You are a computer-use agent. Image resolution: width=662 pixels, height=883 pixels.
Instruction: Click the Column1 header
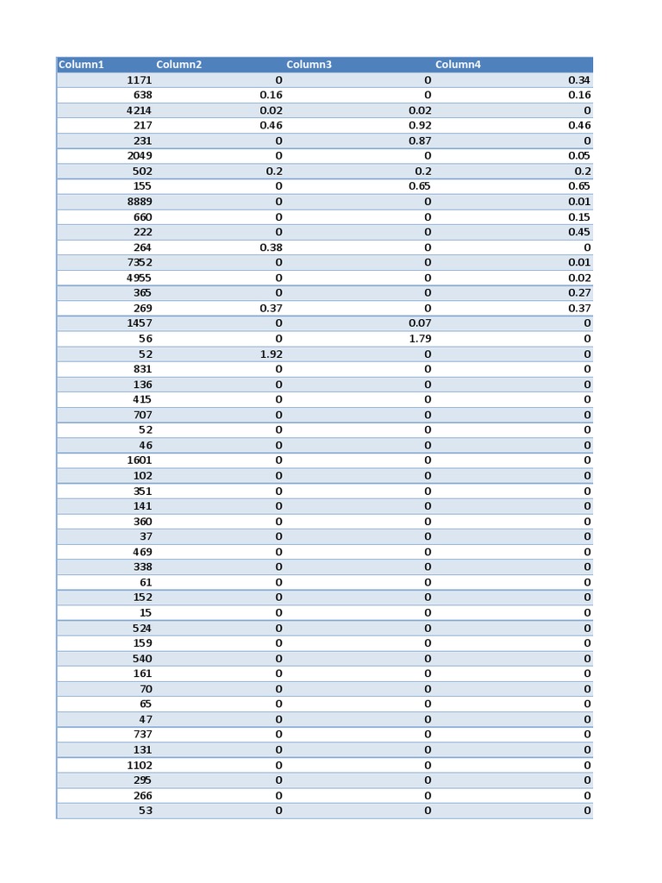(x=81, y=65)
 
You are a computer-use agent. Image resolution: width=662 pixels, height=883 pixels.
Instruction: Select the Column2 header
(x=179, y=65)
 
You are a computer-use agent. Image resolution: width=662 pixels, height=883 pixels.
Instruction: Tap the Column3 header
(x=309, y=65)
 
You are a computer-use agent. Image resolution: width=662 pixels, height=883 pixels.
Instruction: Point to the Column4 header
(x=458, y=65)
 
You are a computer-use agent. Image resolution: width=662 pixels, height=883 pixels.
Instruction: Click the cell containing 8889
(x=140, y=202)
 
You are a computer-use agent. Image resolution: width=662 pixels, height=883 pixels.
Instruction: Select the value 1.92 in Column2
(x=271, y=354)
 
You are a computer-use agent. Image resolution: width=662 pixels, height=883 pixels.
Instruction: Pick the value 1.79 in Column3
(x=420, y=339)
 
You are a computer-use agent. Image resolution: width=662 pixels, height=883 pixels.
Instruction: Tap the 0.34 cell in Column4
(x=579, y=80)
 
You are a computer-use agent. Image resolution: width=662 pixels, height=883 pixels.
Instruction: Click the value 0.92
(x=420, y=126)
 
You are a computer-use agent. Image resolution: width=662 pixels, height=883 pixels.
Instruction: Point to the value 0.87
(x=420, y=141)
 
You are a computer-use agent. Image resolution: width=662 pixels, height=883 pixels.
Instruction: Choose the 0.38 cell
(x=271, y=247)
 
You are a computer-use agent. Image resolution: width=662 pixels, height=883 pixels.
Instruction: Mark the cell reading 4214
(x=140, y=110)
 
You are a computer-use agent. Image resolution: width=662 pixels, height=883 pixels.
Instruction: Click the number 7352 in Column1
(x=140, y=263)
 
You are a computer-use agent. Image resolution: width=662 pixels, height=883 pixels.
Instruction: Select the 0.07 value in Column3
(x=420, y=323)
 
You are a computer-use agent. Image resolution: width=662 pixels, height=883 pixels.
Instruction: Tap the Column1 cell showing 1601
(x=140, y=460)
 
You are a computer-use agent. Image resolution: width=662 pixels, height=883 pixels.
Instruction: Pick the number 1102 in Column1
(x=140, y=766)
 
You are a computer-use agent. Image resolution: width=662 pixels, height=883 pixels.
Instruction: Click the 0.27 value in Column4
(x=579, y=293)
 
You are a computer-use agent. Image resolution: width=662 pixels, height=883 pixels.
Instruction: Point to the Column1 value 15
(x=146, y=613)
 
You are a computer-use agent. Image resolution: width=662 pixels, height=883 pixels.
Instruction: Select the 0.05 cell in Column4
(x=579, y=156)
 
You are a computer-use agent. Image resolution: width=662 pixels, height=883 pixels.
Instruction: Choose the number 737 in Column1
(x=142, y=735)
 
